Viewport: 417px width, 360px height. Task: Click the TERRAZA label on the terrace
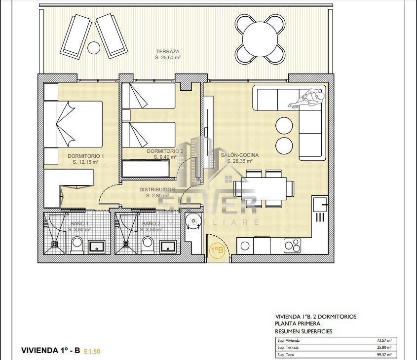click(x=167, y=51)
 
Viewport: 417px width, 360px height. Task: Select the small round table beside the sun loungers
click(x=93, y=48)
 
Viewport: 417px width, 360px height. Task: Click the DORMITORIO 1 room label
click(x=86, y=156)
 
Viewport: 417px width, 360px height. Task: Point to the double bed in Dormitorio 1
click(x=74, y=124)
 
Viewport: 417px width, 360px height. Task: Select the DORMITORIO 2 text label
click(x=165, y=151)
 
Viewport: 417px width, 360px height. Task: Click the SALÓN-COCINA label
click(x=240, y=155)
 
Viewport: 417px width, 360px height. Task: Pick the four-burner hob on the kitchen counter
click(x=292, y=245)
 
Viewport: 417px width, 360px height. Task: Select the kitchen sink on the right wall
click(x=319, y=203)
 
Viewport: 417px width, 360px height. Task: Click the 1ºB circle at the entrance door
click(x=217, y=251)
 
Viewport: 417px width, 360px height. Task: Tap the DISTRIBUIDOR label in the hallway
click(x=157, y=189)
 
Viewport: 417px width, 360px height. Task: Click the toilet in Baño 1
click(x=77, y=244)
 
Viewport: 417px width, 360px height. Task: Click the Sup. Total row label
click(x=287, y=355)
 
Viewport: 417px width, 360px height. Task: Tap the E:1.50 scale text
click(x=92, y=351)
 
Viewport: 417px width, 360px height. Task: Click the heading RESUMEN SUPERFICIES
click(x=303, y=331)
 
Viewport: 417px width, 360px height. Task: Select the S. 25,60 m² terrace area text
click(x=167, y=58)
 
